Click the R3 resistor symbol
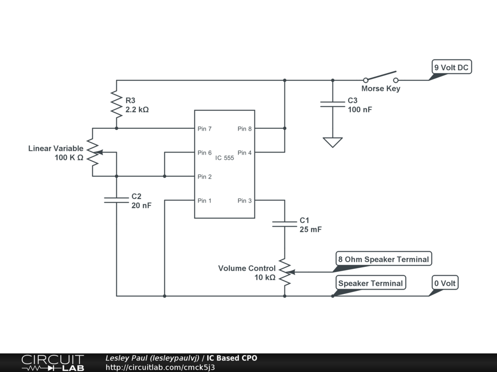click(116, 104)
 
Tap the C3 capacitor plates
click(332, 104)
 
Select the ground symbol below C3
click(332, 142)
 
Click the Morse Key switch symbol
click(381, 77)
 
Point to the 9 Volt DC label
click(451, 67)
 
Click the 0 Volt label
click(445, 283)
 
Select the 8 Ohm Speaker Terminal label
click(383, 259)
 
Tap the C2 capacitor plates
click(116, 200)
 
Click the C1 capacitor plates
click(284, 224)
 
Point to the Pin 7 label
click(204, 129)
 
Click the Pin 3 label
click(245, 201)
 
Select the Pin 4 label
click(245, 153)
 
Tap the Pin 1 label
click(204, 201)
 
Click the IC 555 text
click(224, 158)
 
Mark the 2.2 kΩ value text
click(137, 110)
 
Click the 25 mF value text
click(311, 230)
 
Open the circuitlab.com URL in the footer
click(160, 367)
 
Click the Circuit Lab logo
click(52, 363)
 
